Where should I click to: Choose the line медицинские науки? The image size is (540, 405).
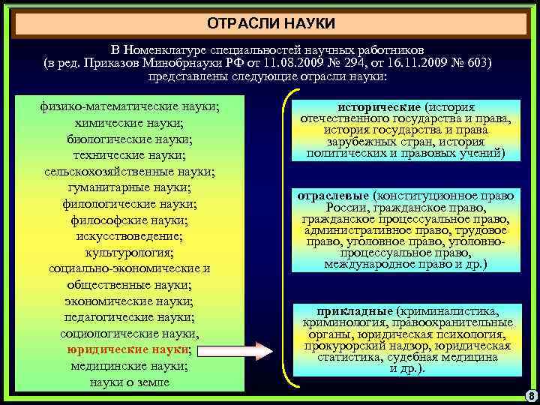click(129, 367)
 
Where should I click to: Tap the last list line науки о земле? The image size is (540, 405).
click(129, 382)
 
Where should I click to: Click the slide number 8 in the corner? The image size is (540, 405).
click(530, 395)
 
